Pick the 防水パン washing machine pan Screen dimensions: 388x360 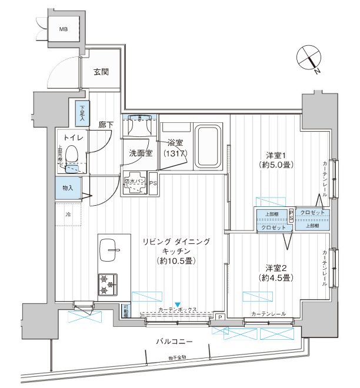pos(135,183)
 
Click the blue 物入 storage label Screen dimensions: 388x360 pos(68,188)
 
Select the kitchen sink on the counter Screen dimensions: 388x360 pos(109,250)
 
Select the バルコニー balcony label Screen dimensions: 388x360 pos(175,341)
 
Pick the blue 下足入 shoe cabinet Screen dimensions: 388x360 pos(81,112)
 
